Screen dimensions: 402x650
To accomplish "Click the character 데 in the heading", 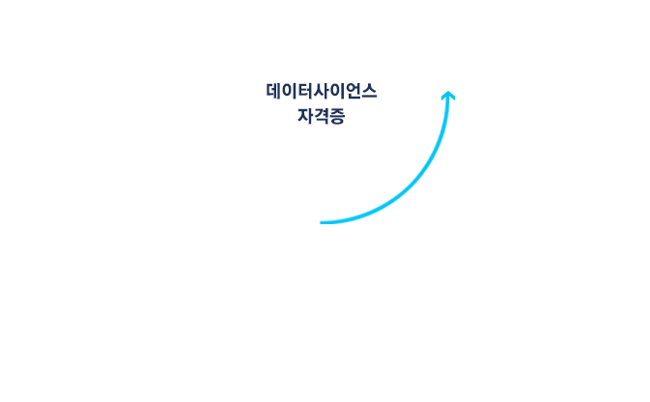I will (274, 92).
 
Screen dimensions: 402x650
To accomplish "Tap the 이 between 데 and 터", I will (290, 92).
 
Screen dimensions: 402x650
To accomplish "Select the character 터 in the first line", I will (305, 92).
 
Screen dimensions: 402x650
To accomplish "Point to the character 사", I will (322, 92).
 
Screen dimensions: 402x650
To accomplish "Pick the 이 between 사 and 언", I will (337, 92).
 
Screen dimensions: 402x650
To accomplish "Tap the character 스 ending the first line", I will (369, 92).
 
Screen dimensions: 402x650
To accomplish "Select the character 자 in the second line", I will (305, 118).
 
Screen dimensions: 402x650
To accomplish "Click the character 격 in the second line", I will (322, 118).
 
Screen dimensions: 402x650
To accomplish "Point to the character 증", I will (337, 118).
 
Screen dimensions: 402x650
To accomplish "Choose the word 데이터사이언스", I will (322, 92).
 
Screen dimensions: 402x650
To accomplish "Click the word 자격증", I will (322, 118).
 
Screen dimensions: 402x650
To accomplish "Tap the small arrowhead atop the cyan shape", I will (448, 94).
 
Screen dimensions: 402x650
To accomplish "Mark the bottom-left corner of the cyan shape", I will (315, 221).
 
